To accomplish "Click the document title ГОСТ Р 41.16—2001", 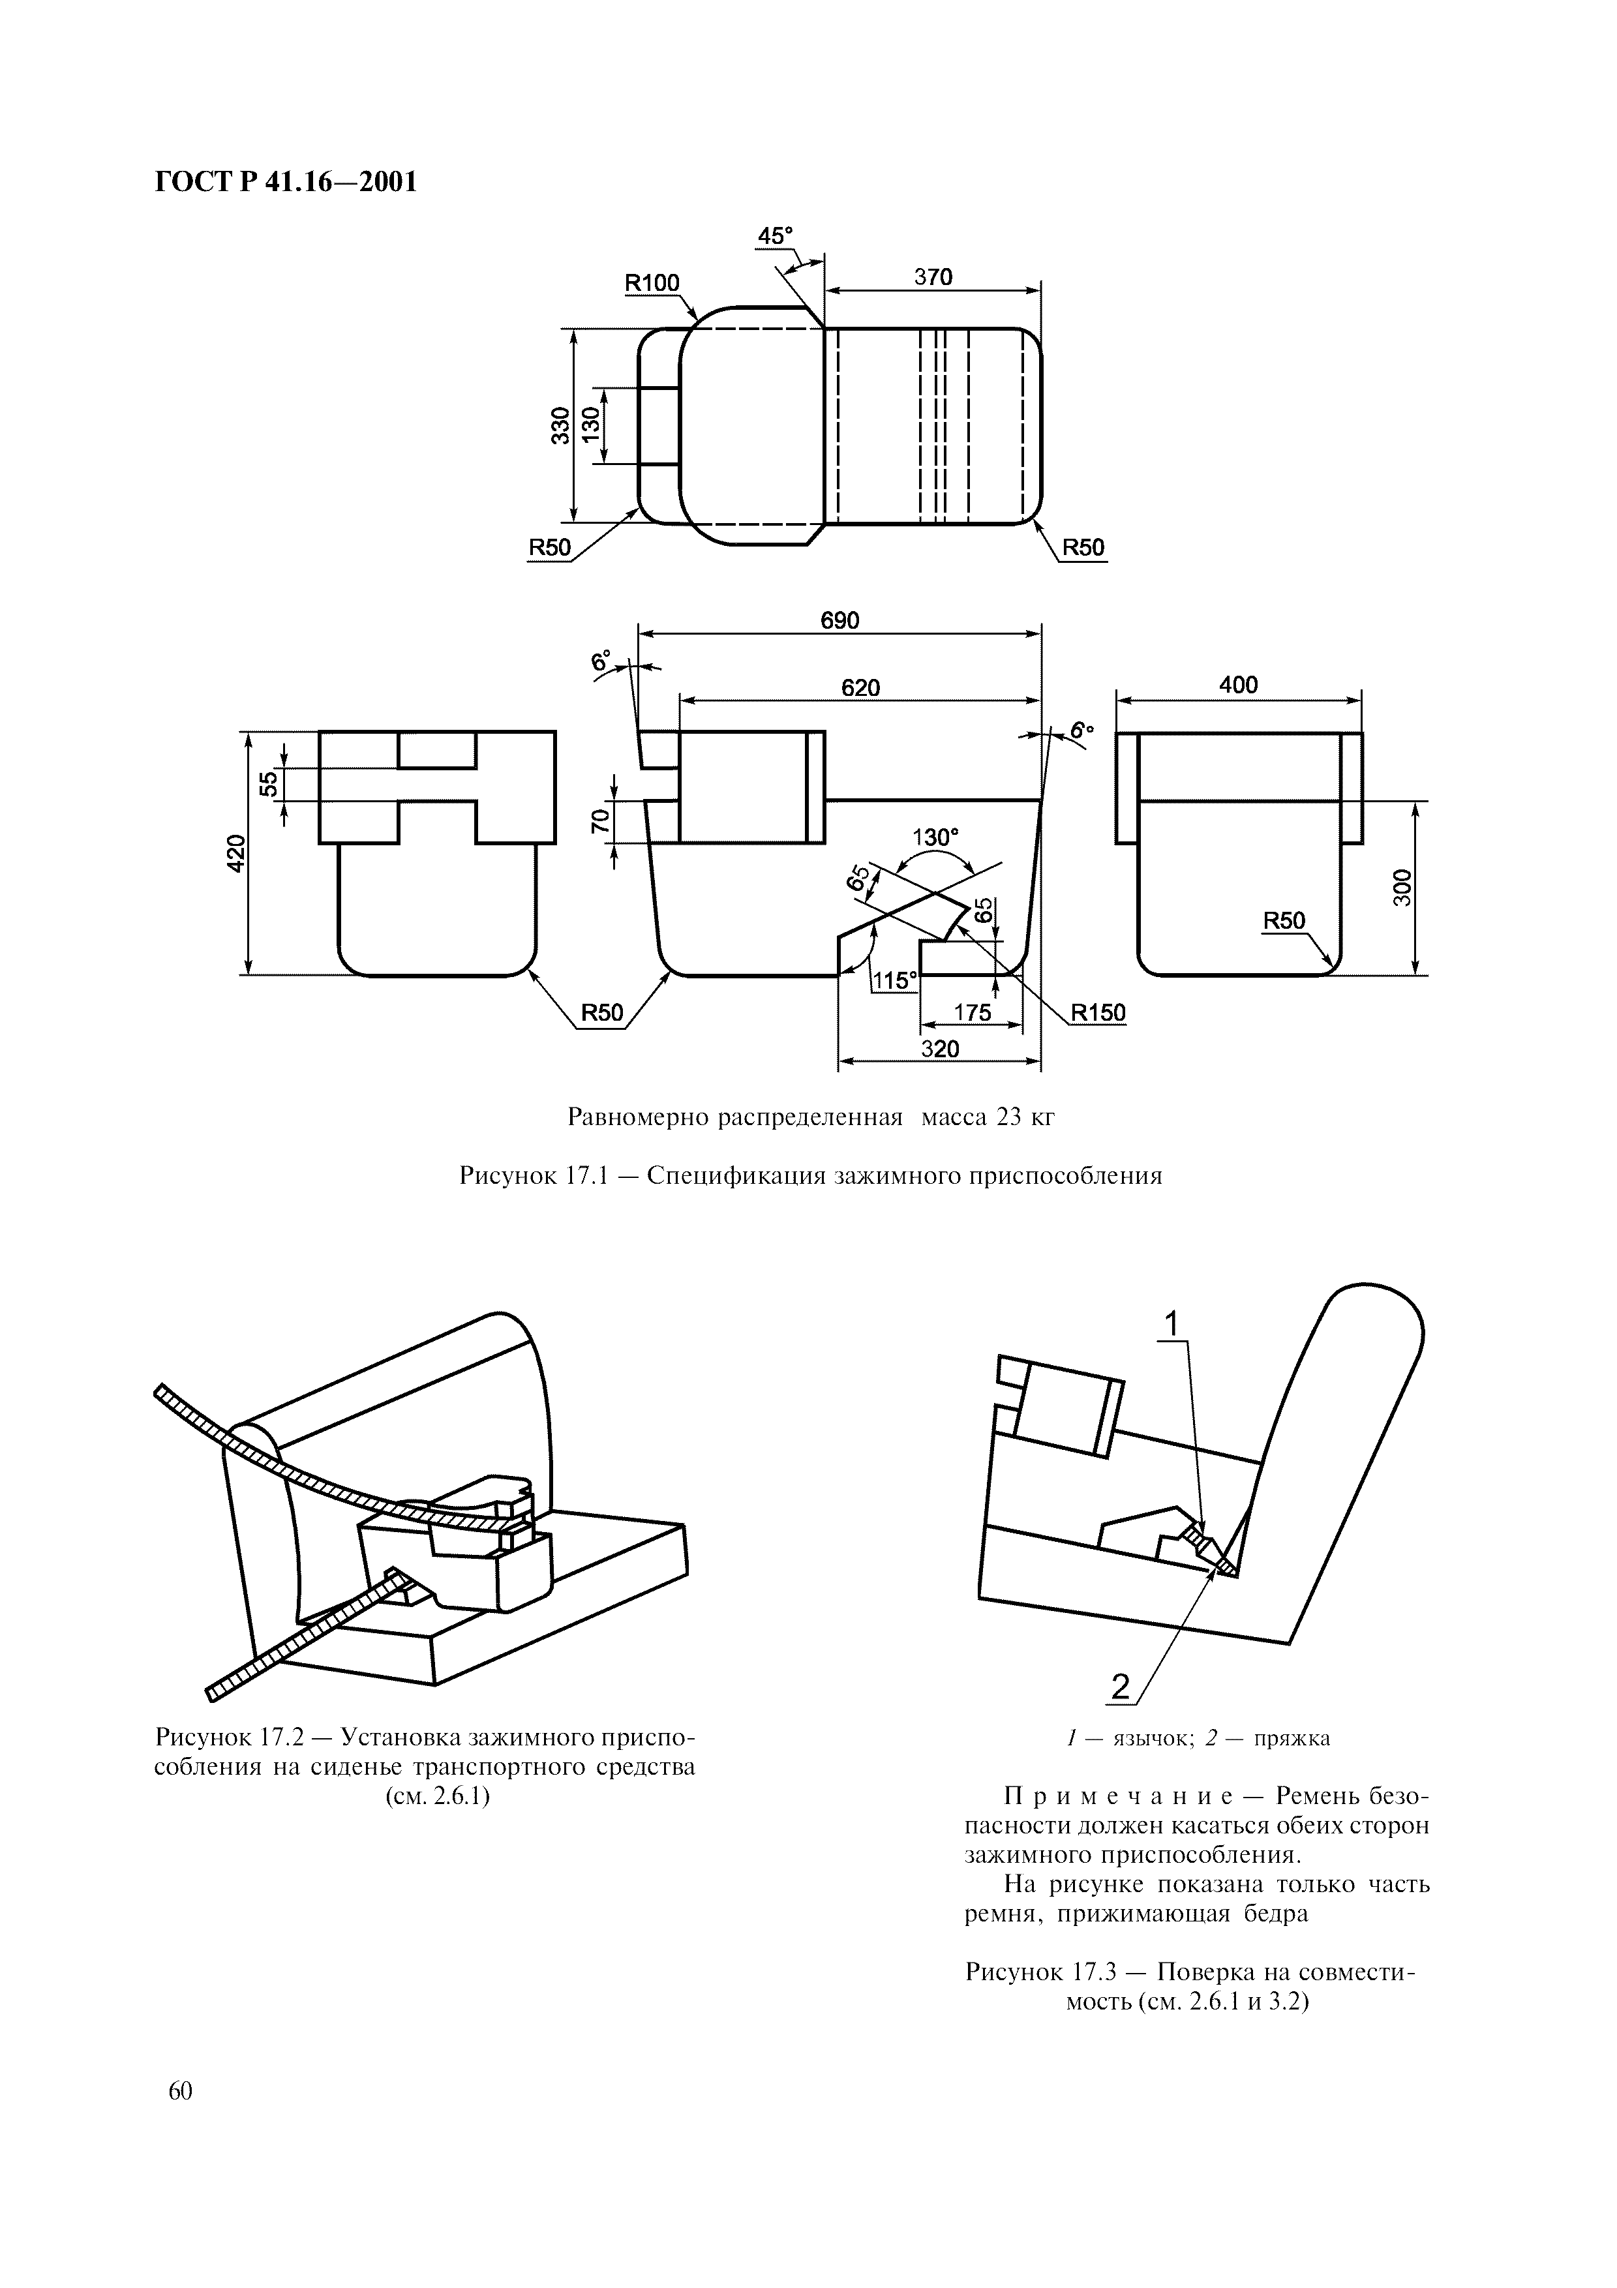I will tap(285, 183).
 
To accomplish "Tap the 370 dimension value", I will tap(933, 277).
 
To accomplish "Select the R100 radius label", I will tap(652, 283).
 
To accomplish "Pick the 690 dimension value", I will tap(840, 621).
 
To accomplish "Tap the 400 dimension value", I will tap(1239, 685).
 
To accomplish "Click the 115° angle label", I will tap(895, 980).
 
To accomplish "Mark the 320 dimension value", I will tap(939, 1048).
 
